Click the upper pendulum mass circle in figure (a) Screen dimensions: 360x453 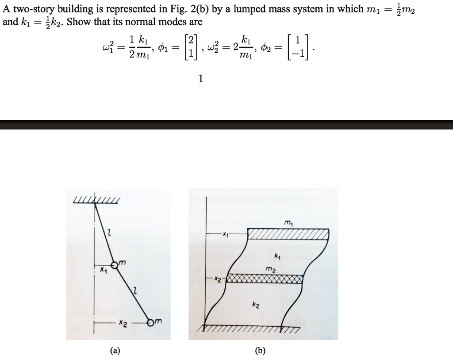(x=115, y=265)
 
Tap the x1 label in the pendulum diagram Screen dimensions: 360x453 (x=103, y=269)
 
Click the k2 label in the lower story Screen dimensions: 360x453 (x=256, y=305)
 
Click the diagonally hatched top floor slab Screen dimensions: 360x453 (x=288, y=234)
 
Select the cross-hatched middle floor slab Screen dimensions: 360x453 (x=264, y=279)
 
